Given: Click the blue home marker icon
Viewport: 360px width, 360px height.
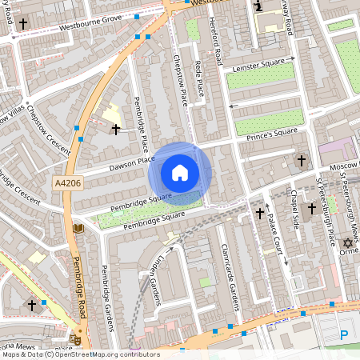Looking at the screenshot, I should pos(180,173).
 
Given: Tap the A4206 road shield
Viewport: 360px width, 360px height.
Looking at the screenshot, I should pos(67,183).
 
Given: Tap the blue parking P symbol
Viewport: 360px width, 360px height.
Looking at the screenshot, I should pos(344,335).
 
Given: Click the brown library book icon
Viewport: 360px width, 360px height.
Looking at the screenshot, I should pos(78,230).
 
